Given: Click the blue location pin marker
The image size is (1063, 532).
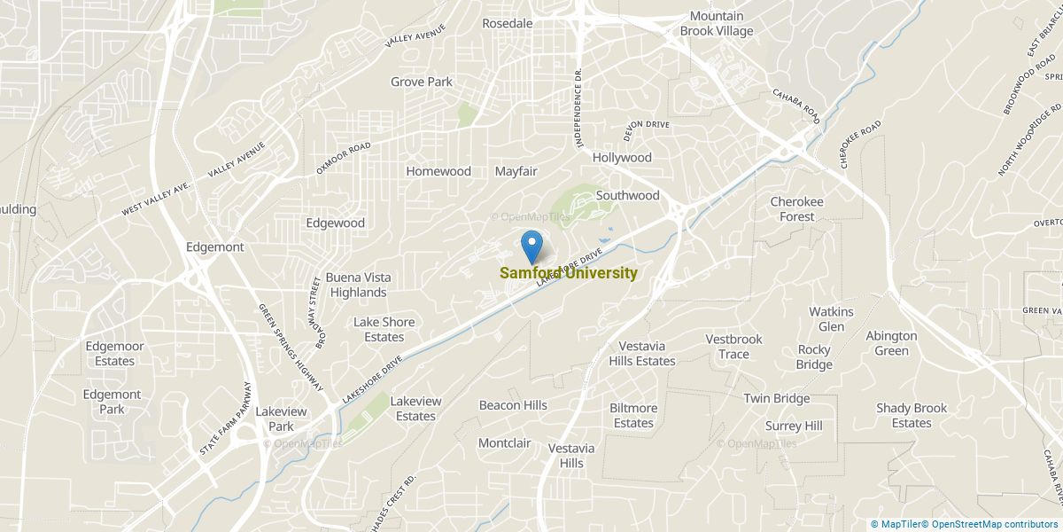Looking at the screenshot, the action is [531, 245].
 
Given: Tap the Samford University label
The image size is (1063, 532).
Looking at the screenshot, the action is [568, 273].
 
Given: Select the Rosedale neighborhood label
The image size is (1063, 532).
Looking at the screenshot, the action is [507, 23].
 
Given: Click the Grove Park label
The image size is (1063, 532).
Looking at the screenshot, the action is [422, 82].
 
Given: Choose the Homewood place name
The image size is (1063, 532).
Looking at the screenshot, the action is [438, 171].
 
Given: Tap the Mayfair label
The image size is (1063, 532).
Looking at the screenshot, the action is [516, 171].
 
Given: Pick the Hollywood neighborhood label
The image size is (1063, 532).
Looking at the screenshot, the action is [622, 158].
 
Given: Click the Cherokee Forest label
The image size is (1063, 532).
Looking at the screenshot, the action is [796, 209].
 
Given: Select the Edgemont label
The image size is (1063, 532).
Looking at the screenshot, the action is [214, 246].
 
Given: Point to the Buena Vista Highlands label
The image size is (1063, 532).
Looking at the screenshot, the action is [358, 285].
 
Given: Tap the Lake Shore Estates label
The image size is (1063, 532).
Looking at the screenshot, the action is [384, 329].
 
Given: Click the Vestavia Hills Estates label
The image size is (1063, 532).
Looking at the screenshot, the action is [641, 353].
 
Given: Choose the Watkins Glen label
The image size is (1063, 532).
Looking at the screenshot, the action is [831, 319].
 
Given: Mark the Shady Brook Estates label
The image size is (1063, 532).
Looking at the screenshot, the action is [912, 415].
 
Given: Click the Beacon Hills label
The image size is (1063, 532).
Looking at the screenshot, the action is [513, 405].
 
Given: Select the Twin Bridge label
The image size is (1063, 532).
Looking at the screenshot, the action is [776, 399].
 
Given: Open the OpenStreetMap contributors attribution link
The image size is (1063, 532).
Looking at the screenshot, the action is [995, 524].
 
